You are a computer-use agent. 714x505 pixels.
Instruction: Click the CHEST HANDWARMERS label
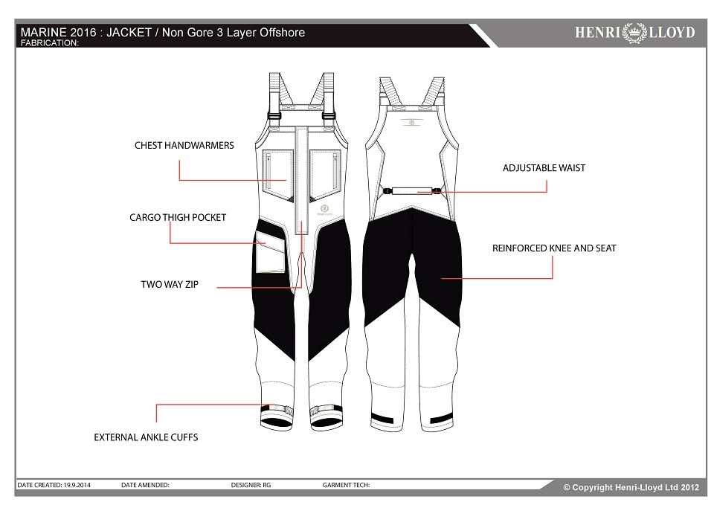184,145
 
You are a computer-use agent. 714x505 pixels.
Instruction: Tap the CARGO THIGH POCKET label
178,217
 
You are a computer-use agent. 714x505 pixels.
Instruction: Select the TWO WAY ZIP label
170,284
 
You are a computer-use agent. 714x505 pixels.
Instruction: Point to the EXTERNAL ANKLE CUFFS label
146,437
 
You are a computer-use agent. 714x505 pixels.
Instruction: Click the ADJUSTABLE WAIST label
544,167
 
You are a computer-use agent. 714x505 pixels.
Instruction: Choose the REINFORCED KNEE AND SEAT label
553,248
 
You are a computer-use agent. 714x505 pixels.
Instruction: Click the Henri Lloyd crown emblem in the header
634,32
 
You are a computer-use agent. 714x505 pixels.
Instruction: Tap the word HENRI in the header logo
598,32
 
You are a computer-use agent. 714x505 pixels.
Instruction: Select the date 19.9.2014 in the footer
77,485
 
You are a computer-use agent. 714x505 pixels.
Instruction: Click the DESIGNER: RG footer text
251,485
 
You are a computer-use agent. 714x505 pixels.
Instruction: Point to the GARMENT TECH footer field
346,485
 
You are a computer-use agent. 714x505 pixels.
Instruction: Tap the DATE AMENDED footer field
145,485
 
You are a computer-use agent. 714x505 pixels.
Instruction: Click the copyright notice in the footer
631,487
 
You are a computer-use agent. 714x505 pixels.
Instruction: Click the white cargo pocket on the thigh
271,252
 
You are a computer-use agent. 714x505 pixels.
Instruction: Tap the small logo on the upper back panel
411,122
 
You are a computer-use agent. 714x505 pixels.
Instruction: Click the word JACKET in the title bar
129,32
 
